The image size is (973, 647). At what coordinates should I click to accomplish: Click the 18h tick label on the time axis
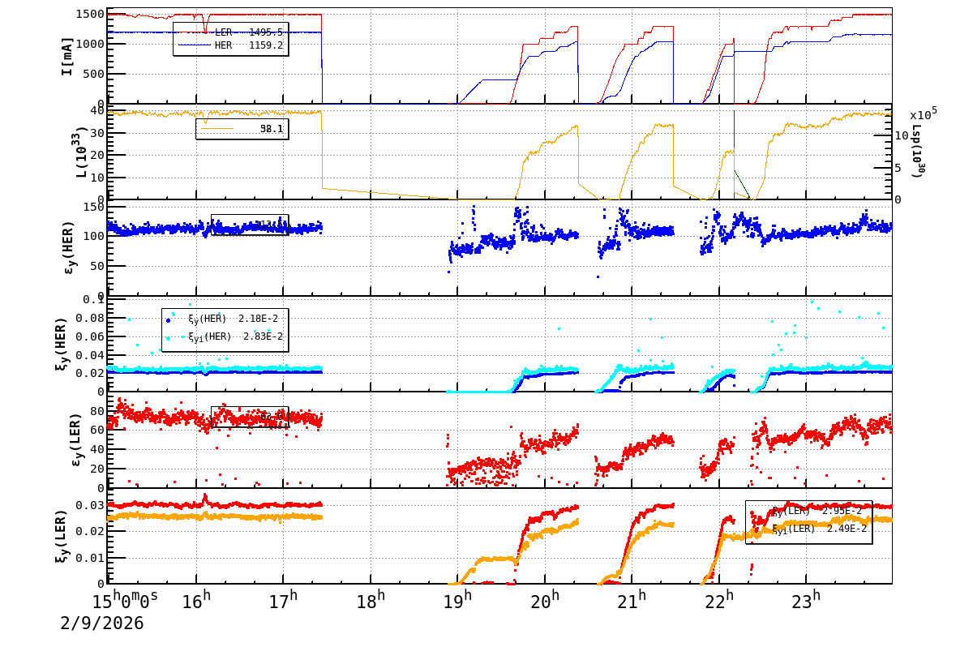point(371,602)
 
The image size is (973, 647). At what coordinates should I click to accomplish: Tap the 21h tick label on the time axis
point(632,602)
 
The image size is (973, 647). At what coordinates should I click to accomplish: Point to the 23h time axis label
point(806,602)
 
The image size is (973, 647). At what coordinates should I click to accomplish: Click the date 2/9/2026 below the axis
point(102,623)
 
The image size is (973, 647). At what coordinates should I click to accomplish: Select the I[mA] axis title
point(67,57)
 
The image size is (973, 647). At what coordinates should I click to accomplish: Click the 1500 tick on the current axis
point(89,15)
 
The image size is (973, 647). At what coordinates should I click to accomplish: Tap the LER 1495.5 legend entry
point(230,32)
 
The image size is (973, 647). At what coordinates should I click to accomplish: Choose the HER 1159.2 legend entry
point(230,45)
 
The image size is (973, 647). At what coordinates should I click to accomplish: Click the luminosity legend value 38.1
point(271,129)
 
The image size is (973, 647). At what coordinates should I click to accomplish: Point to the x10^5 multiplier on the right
point(923,115)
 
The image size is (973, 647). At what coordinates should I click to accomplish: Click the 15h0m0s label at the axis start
point(126,602)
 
